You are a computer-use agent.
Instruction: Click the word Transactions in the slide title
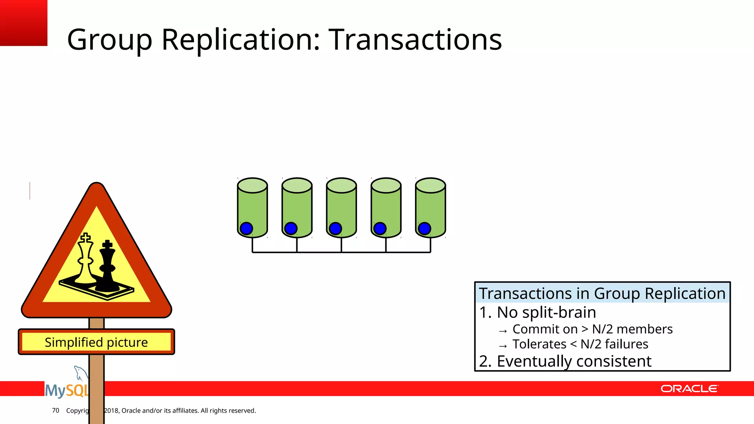pyautogui.click(x=415, y=39)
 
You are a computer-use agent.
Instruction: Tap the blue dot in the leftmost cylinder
pyautogui.click(x=246, y=229)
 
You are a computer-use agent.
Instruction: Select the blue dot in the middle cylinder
pyautogui.click(x=335, y=229)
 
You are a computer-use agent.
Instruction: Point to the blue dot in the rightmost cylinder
pyautogui.click(x=424, y=229)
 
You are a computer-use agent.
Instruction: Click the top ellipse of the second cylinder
pyautogui.click(x=297, y=185)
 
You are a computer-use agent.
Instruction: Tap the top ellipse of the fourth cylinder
pyautogui.click(x=386, y=185)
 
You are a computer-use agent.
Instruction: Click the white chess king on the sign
pyautogui.click(x=86, y=259)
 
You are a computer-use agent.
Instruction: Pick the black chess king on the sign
pyautogui.click(x=107, y=267)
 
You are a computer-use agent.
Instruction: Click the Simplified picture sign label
pyautogui.click(x=96, y=342)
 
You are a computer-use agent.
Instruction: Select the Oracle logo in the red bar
pyautogui.click(x=689, y=389)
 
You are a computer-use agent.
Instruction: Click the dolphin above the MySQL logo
pyautogui.click(x=80, y=372)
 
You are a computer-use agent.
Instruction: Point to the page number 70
pyautogui.click(x=56, y=410)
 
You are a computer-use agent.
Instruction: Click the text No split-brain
pyautogui.click(x=546, y=312)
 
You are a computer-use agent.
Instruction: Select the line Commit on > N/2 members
pyautogui.click(x=592, y=329)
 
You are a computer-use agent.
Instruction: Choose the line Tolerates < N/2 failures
pyautogui.click(x=580, y=344)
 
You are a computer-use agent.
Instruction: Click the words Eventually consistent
pyautogui.click(x=574, y=361)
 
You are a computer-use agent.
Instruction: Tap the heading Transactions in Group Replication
pyautogui.click(x=602, y=294)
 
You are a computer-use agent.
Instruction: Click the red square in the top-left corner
pyautogui.click(x=24, y=23)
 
